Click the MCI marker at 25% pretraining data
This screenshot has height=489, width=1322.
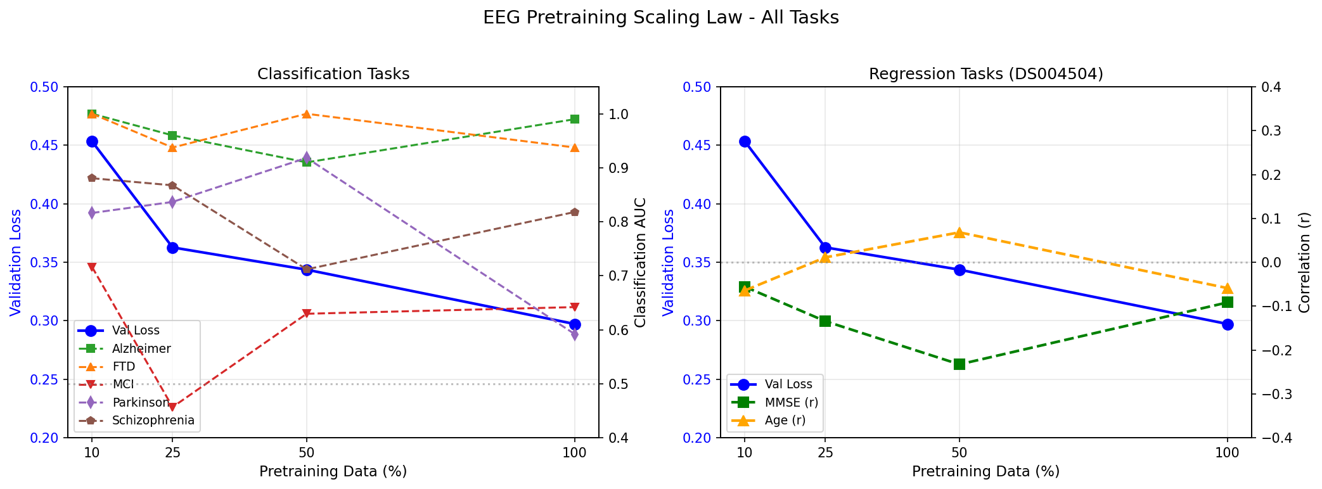tap(172, 407)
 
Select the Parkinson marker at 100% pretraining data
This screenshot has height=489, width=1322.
tap(575, 335)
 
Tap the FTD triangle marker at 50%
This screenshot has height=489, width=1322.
tap(307, 114)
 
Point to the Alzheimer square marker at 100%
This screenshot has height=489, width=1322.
tap(575, 119)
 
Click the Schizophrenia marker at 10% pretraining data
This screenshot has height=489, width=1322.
tap(92, 178)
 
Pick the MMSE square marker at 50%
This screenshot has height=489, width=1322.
tap(959, 364)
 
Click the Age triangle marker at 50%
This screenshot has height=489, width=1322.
tap(959, 232)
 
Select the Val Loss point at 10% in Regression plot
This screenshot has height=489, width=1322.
tap(745, 141)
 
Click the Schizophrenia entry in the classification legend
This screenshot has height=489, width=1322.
tap(153, 421)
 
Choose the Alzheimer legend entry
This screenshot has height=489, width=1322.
tap(141, 348)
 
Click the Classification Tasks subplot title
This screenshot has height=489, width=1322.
tap(333, 74)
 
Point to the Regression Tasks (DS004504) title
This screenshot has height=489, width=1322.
tap(985, 74)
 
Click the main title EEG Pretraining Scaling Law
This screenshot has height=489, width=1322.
tap(661, 18)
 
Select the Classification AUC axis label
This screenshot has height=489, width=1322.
tap(641, 262)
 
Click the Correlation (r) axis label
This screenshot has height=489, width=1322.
tap(1304, 262)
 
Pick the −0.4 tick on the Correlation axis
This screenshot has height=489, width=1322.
tap(1274, 438)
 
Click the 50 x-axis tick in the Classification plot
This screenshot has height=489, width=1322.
tap(307, 453)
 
